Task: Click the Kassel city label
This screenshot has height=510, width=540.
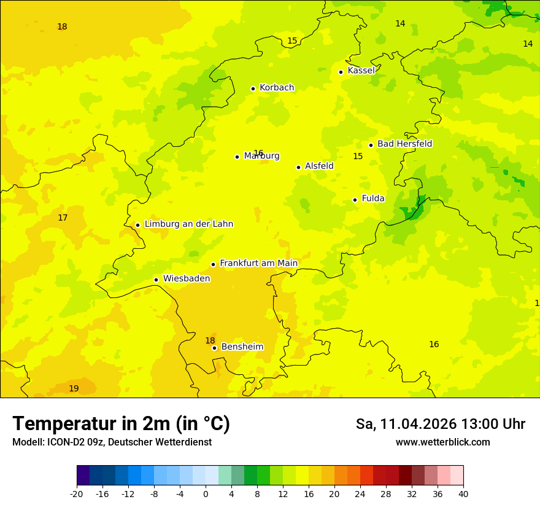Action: click(x=361, y=71)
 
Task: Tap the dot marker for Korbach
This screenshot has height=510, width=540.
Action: click(x=253, y=88)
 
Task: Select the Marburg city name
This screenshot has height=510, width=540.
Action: click(x=262, y=156)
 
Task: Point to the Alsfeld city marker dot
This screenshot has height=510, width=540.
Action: click(x=299, y=167)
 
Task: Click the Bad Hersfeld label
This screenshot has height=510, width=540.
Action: click(x=404, y=144)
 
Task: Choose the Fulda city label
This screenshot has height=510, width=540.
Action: click(x=373, y=198)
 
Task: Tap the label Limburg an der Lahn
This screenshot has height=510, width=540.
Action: click(x=188, y=224)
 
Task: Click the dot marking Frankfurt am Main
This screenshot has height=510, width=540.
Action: click(x=214, y=264)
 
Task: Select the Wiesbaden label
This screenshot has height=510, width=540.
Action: click(x=187, y=278)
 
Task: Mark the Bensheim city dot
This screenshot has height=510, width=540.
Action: click(x=215, y=348)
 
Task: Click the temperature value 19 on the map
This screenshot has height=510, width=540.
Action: click(x=74, y=388)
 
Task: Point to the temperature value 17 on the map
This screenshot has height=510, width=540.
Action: click(x=63, y=218)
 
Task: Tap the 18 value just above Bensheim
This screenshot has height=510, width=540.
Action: click(x=210, y=340)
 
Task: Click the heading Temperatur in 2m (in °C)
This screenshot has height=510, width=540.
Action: click(x=121, y=423)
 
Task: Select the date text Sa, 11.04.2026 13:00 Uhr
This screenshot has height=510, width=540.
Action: click(x=440, y=424)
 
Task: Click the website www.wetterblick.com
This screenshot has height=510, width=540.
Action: click(x=442, y=442)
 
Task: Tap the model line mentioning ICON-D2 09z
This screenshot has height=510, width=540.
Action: click(x=112, y=442)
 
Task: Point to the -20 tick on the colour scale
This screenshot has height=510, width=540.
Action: click(x=77, y=494)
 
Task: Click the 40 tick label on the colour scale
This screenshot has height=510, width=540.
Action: click(x=463, y=494)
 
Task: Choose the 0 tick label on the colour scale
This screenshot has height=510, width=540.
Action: click(x=206, y=494)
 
